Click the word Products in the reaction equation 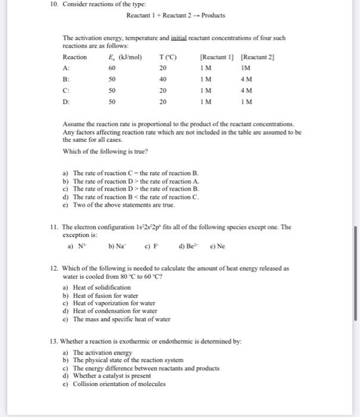[214, 15]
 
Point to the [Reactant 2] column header [257, 57]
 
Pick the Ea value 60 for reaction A [112, 68]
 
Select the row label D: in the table [66, 102]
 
